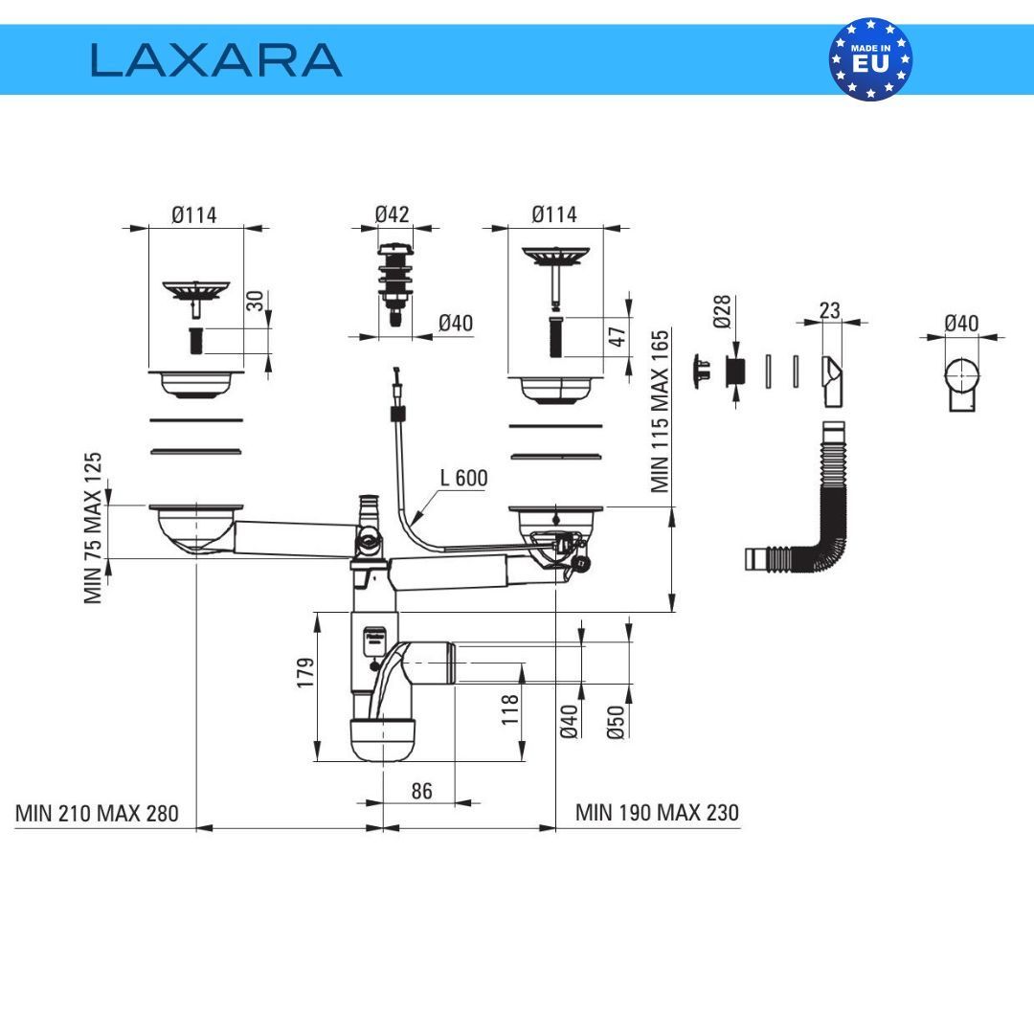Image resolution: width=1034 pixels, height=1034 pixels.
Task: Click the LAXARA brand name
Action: (x=216, y=59)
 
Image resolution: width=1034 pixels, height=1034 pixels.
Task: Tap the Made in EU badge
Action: (x=870, y=59)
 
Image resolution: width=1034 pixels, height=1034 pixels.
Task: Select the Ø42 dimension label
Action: (x=392, y=214)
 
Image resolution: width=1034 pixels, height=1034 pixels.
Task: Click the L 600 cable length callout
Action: (x=463, y=478)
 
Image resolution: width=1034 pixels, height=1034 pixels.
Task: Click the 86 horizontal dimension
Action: (x=421, y=791)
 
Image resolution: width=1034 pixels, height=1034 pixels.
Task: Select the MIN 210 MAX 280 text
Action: (x=97, y=813)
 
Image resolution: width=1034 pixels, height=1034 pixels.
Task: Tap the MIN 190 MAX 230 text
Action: (x=657, y=813)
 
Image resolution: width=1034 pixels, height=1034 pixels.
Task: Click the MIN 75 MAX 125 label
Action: (x=93, y=528)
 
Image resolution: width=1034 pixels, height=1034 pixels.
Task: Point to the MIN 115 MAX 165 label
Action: (x=661, y=412)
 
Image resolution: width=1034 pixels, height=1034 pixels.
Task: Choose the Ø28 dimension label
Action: (x=722, y=311)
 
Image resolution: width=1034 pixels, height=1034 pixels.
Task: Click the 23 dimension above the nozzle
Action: (x=830, y=310)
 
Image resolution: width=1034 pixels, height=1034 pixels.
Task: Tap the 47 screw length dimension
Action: (x=618, y=336)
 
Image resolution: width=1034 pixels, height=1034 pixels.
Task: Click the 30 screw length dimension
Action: (x=255, y=302)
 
